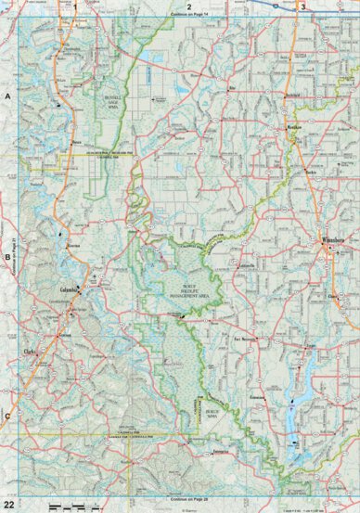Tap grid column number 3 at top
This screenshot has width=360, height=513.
(x=302, y=6)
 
